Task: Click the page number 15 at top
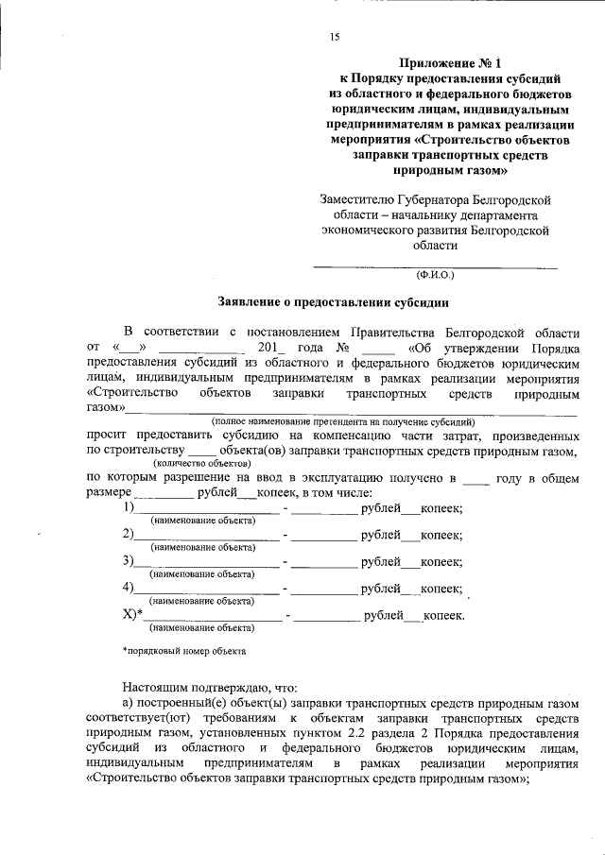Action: coord(334,37)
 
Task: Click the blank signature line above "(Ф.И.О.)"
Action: coord(435,265)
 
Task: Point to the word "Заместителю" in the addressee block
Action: coord(361,199)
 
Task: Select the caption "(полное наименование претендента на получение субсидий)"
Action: coord(342,419)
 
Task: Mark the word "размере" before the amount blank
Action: coord(107,493)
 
